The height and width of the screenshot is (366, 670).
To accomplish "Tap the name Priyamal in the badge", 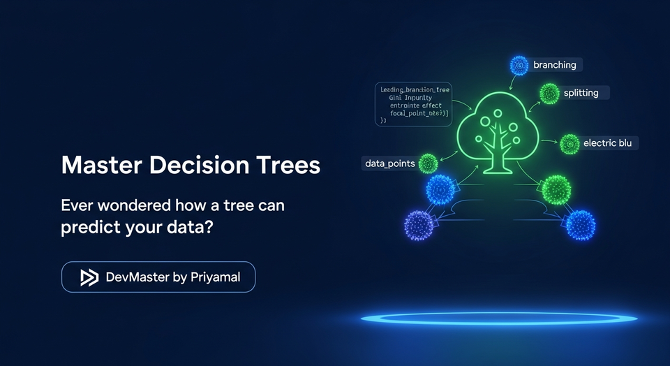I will (x=216, y=277).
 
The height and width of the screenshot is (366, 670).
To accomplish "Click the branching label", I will (x=554, y=65).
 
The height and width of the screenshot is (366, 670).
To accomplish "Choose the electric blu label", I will (x=607, y=143).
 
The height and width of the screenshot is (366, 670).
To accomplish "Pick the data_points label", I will (x=389, y=163).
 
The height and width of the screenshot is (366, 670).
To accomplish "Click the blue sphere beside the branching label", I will (x=518, y=66).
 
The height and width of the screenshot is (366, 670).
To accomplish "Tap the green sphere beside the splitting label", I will (x=549, y=92).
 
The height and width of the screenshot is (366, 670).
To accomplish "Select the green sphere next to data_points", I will (x=428, y=163).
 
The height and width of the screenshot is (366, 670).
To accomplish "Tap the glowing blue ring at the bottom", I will (x=498, y=319).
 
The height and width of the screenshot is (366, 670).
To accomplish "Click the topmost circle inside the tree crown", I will (x=497, y=112).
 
